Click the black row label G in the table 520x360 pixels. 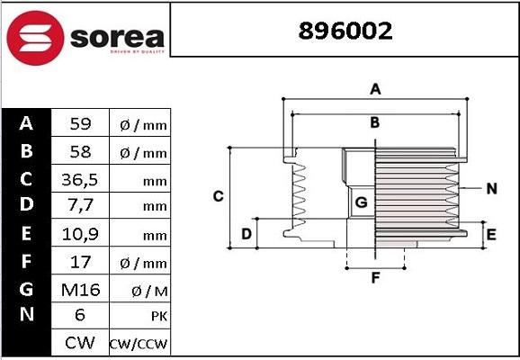pyautogui.click(x=25, y=289)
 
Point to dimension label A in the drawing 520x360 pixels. pyautogui.click(x=376, y=88)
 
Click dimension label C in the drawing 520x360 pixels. pyautogui.click(x=218, y=196)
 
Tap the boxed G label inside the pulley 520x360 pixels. pyautogui.click(x=361, y=202)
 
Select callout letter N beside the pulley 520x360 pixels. pyautogui.click(x=491, y=188)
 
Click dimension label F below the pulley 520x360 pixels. pyautogui.click(x=376, y=277)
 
